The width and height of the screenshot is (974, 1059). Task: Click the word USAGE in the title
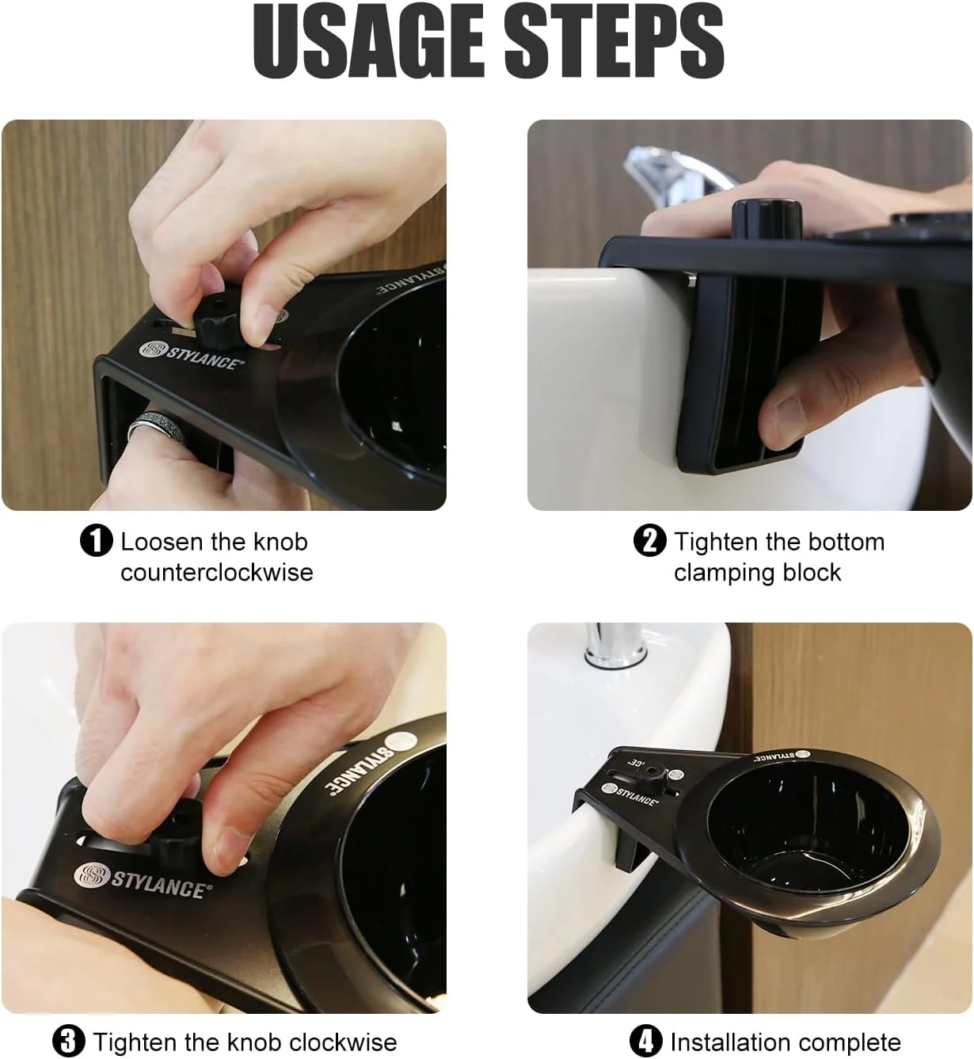pos(368,41)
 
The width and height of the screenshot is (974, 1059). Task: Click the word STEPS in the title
pos(614,41)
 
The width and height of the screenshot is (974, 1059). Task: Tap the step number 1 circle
pos(96,541)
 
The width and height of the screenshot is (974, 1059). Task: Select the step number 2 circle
pos(650,541)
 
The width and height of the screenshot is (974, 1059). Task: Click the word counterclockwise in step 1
pos(217,572)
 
